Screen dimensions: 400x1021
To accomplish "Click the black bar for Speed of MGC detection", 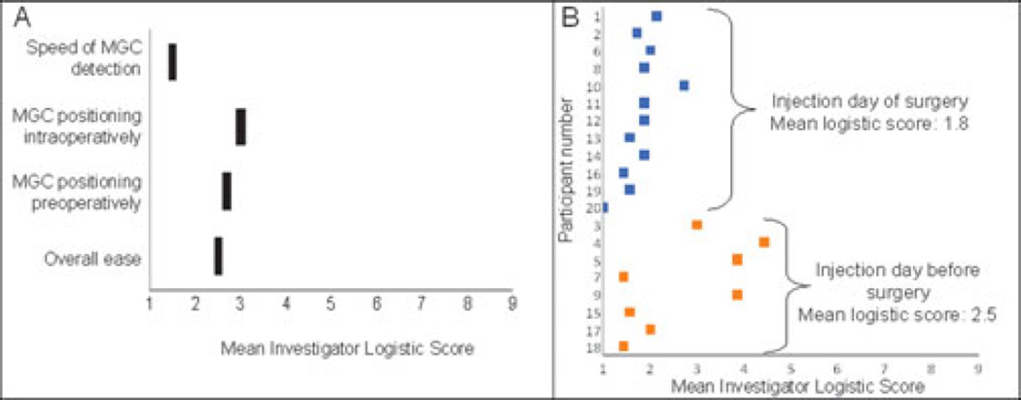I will [x=172, y=61].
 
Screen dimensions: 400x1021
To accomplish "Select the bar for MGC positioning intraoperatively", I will [x=240, y=127].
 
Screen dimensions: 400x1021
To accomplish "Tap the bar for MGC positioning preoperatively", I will [x=227, y=191].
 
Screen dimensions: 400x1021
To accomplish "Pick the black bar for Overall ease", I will [x=218, y=255].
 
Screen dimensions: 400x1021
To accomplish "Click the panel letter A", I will [x=16, y=17].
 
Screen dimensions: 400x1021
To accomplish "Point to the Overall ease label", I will [x=93, y=259].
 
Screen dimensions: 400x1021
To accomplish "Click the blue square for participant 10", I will [x=684, y=86].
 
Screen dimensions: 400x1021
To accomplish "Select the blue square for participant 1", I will [x=656, y=16].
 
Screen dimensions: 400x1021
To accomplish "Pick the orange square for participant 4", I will [x=763, y=241].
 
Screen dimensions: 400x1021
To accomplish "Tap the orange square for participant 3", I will [x=696, y=225].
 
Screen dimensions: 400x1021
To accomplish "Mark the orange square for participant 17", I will [x=650, y=329].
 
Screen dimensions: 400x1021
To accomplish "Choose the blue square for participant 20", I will [x=605, y=207].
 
